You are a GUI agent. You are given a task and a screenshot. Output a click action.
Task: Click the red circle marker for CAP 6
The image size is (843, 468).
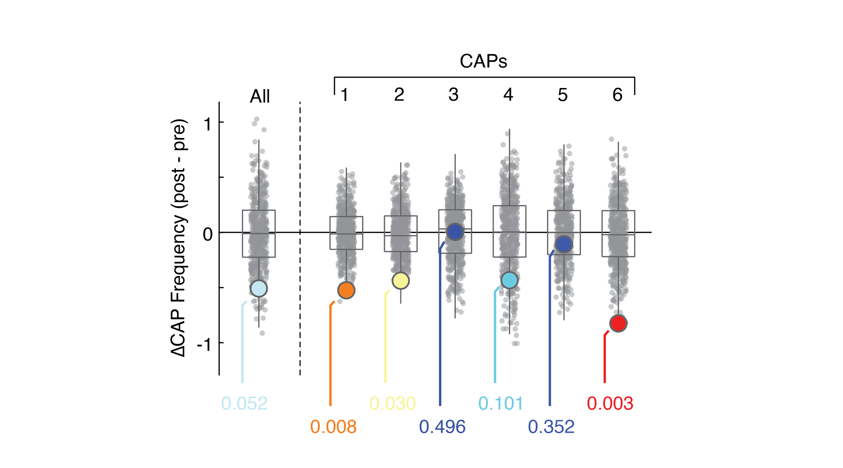pyautogui.click(x=618, y=323)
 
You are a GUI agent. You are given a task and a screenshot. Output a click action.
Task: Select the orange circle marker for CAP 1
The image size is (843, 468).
pyautogui.click(x=346, y=290)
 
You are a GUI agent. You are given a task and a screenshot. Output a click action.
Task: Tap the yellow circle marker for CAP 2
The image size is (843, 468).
pyautogui.click(x=400, y=281)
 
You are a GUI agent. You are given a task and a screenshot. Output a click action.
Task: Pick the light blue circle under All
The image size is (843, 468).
pyautogui.click(x=259, y=288)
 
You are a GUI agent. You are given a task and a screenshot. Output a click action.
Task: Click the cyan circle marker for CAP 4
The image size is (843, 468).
pyautogui.click(x=509, y=280)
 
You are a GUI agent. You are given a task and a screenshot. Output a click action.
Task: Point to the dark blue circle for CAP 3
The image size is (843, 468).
pyautogui.click(x=455, y=232)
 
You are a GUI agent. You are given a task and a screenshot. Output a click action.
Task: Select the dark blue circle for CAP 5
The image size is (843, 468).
pyautogui.click(x=564, y=244)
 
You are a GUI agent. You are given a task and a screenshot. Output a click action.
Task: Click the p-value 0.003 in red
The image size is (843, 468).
pyautogui.click(x=610, y=403)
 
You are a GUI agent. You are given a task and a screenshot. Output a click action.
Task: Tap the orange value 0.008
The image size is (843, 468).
pyautogui.click(x=333, y=427)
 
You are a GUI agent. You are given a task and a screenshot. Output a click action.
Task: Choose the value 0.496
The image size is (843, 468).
pyautogui.click(x=442, y=427)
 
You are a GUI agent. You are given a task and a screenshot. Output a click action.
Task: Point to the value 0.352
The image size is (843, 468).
pyautogui.click(x=551, y=427)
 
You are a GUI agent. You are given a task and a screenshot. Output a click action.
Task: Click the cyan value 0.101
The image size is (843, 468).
pyautogui.click(x=501, y=403)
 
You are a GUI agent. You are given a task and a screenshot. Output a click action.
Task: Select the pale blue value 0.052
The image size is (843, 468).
pyautogui.click(x=244, y=403)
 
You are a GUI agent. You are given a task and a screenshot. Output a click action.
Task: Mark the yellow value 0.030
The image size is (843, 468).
pyautogui.click(x=392, y=403)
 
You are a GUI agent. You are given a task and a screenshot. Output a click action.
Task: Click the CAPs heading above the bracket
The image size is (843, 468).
pyautogui.click(x=483, y=61)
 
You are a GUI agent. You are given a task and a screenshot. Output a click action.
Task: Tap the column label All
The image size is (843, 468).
pyautogui.click(x=260, y=97)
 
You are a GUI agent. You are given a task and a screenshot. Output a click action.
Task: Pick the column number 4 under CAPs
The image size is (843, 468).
pyautogui.click(x=508, y=95)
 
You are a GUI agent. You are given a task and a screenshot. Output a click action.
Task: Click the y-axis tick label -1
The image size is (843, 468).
pyautogui.click(x=204, y=345)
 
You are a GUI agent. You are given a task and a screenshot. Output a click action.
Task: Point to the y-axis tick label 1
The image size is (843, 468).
pyautogui.click(x=207, y=124)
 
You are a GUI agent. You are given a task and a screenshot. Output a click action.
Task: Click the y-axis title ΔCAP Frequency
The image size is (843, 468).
pyautogui.click(x=179, y=238)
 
